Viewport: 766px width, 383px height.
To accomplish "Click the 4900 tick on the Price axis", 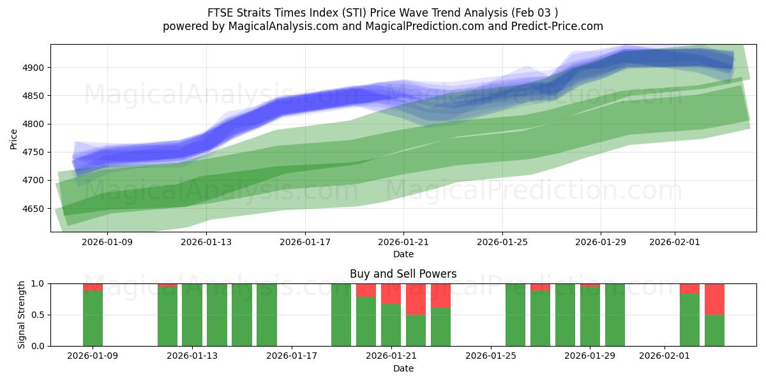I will [x=34, y=68].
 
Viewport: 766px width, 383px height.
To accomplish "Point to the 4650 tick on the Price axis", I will [x=34, y=209].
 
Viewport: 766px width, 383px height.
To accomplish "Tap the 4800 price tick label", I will [x=34, y=124].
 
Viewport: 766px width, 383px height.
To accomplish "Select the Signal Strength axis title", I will [x=22, y=315].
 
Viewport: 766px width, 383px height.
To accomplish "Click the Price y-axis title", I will [x=14, y=138].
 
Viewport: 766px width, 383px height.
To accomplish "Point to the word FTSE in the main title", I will [x=220, y=13].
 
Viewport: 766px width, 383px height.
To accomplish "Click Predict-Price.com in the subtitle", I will [x=559, y=26].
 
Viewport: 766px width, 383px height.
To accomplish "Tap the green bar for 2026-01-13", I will [x=192, y=315].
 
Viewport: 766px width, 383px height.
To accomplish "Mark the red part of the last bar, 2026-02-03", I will [x=714, y=299].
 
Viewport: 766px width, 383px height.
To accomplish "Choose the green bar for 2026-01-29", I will [x=590, y=316].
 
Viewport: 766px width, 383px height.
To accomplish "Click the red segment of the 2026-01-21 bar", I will [x=391, y=294].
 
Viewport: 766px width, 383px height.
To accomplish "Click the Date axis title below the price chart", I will [x=403, y=254].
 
